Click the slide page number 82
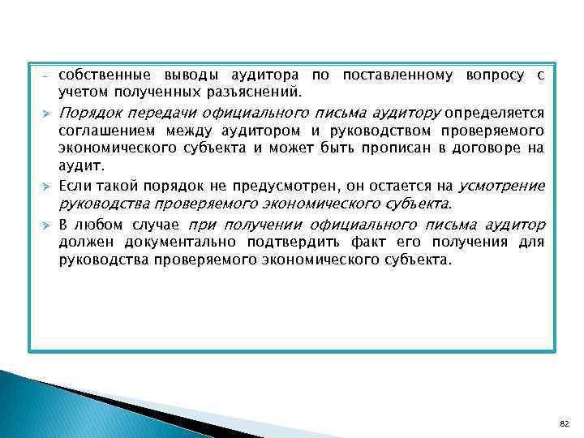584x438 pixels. (564, 423)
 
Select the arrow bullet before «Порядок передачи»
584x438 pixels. (45, 113)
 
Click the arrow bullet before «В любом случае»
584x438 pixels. (45, 225)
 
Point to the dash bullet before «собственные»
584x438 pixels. (45, 76)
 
